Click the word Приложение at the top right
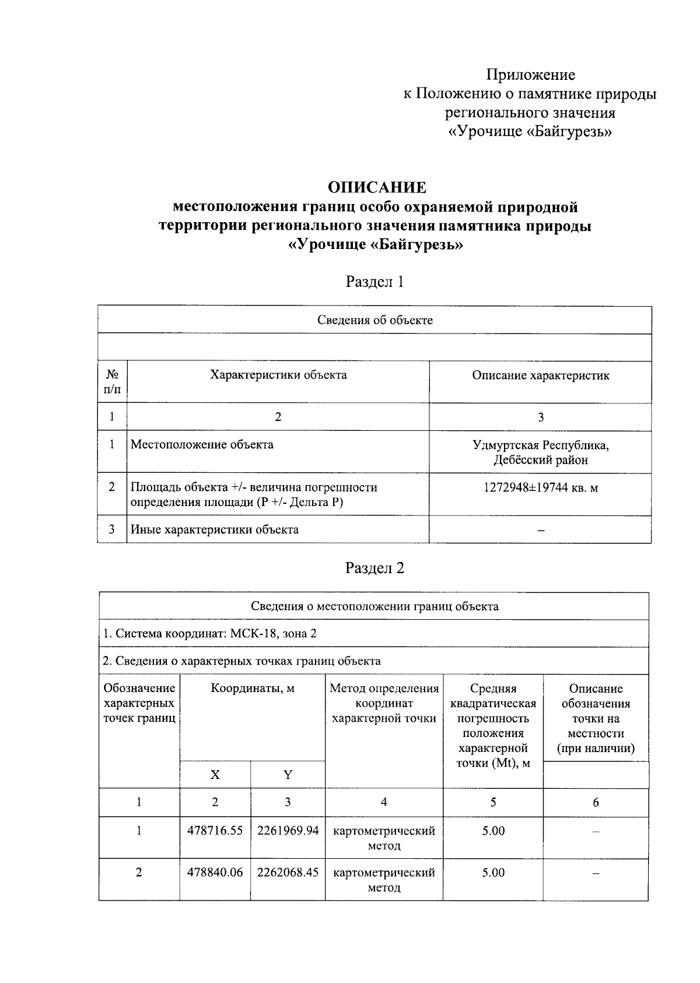(531, 75)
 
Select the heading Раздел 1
(374, 282)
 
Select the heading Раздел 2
(374, 568)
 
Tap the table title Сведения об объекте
(374, 320)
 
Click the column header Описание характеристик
(540, 375)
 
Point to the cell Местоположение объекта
(202, 445)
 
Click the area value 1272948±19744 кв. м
(540, 488)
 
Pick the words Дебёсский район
(540, 460)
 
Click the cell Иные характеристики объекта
(215, 529)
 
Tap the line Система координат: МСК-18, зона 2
(210, 634)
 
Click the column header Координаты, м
(253, 689)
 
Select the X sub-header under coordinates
(215, 775)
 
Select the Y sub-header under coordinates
(288, 775)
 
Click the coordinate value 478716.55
(215, 831)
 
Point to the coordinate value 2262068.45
(288, 873)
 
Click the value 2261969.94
(288, 831)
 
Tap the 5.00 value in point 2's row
(493, 873)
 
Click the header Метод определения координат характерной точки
(384, 703)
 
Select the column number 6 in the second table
(596, 803)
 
